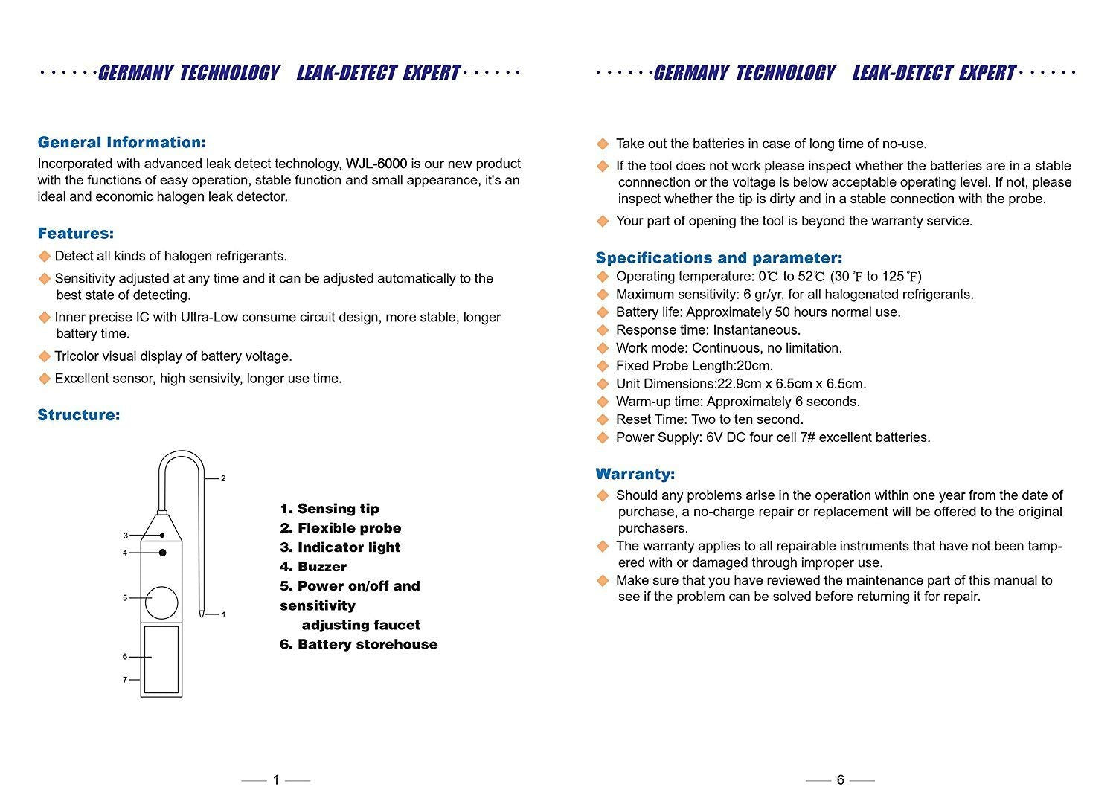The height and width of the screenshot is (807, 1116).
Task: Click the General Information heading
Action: [121, 142]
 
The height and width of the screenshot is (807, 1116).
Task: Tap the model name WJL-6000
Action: [376, 164]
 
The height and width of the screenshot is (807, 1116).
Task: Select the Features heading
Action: [76, 234]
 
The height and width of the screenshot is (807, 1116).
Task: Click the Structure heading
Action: [79, 415]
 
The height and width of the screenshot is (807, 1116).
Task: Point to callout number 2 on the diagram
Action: [223, 478]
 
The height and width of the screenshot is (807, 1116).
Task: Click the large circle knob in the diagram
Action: [161, 602]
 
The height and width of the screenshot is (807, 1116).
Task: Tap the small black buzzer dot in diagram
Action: [162, 553]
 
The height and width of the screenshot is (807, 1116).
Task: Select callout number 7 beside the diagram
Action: [125, 679]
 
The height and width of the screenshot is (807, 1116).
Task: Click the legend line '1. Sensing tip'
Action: [330, 509]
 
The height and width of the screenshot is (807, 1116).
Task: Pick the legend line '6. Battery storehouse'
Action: [359, 644]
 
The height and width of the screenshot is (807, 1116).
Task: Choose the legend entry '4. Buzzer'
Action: [313, 567]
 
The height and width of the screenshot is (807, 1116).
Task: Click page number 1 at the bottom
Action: [276, 779]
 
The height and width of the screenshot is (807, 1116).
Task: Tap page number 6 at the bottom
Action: [841, 779]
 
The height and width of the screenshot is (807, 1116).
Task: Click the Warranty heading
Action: [635, 474]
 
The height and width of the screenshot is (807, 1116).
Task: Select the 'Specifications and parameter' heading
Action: [719, 258]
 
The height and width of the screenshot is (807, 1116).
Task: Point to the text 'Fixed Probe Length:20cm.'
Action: [694, 366]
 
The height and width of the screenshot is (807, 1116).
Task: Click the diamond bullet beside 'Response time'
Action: [603, 330]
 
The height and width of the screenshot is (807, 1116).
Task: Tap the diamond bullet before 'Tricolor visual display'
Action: [45, 356]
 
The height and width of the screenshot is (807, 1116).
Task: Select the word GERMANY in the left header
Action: [136, 73]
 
